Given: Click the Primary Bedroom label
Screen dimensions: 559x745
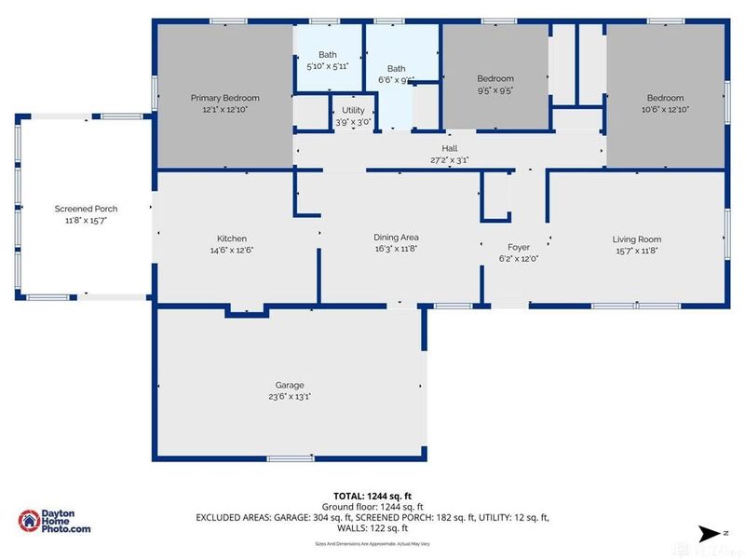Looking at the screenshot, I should (224, 98).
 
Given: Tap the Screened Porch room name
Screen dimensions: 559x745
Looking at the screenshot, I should (86, 208).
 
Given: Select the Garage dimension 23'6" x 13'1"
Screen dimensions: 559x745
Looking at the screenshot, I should (289, 396).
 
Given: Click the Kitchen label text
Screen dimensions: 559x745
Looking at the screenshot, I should (231, 239).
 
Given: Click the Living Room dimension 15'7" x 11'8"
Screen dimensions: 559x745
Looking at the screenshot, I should (636, 250).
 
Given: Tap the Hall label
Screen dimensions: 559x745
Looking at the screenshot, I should (449, 148).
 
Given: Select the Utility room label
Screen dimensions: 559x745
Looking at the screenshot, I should (353, 111).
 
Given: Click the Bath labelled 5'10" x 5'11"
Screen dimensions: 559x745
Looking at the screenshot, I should (327, 55).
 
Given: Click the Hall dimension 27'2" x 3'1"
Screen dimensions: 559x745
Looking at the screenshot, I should (449, 159).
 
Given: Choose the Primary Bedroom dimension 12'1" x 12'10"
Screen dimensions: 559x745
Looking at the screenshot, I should (224, 109).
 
